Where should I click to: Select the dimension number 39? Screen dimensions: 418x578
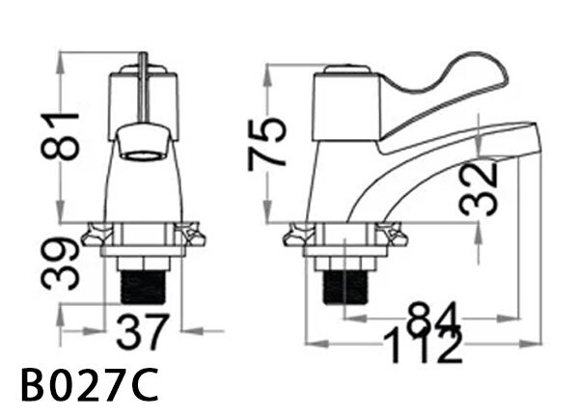(63, 263)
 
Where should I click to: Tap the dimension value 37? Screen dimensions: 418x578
(143, 333)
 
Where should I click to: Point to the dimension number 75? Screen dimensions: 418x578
(267, 143)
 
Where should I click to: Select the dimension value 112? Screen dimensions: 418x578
(421, 345)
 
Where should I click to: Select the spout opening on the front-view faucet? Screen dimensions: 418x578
(143, 153)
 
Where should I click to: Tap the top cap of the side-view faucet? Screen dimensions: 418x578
(344, 70)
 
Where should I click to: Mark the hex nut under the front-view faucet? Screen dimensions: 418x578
(143, 262)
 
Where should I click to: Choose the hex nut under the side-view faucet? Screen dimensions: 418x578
(344, 262)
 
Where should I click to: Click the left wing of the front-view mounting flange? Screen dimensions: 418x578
(96, 234)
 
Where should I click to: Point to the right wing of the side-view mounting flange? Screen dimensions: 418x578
(393, 234)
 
